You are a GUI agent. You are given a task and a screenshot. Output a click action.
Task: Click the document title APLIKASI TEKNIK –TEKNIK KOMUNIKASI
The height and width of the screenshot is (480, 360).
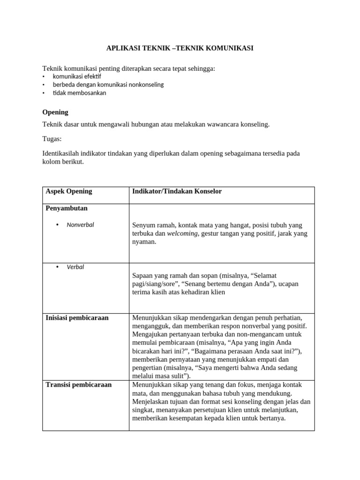pyautogui.click(x=180, y=48)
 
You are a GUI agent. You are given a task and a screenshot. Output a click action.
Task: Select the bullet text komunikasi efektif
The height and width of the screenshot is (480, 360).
pyautogui.click(x=76, y=76)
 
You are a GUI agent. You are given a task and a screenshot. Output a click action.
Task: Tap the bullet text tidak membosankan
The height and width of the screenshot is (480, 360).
pyautogui.click(x=79, y=93)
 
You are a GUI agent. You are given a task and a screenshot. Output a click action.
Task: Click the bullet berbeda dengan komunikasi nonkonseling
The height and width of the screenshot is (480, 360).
pyautogui.click(x=108, y=84)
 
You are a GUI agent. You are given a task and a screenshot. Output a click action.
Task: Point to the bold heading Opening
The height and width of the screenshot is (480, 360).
pyautogui.click(x=55, y=112)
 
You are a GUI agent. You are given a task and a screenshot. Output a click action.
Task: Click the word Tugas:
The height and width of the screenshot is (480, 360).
pyautogui.click(x=52, y=139)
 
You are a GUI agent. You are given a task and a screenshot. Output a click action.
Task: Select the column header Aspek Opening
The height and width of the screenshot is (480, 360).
pyautogui.click(x=69, y=191)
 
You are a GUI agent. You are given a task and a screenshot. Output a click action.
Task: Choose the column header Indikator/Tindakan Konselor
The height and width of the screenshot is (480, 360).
pyautogui.click(x=177, y=191)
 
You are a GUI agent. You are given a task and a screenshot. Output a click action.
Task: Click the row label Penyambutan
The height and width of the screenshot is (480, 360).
pyautogui.click(x=67, y=208)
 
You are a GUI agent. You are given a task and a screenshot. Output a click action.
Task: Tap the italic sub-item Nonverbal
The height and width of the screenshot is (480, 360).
pyautogui.click(x=80, y=225)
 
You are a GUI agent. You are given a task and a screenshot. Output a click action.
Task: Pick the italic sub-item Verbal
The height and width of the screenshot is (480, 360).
pyautogui.click(x=75, y=267)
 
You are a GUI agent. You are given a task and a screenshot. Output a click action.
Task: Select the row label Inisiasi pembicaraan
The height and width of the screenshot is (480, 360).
pyautogui.click(x=77, y=317)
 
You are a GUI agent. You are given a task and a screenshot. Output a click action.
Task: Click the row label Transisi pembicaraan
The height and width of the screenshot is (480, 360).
pyautogui.click(x=78, y=384)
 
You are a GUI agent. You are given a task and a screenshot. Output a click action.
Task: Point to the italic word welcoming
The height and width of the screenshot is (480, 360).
pyautogui.click(x=182, y=233)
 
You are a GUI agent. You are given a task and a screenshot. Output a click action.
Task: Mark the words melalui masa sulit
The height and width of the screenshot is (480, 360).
pyautogui.click(x=160, y=376)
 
